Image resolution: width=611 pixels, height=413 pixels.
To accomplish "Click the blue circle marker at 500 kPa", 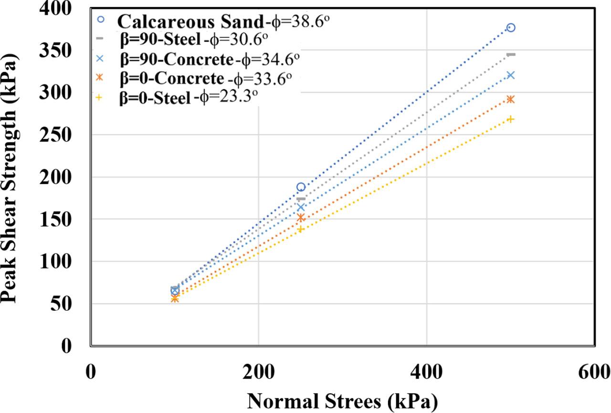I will [511, 28].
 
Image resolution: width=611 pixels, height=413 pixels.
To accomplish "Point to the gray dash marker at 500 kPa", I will [511, 54].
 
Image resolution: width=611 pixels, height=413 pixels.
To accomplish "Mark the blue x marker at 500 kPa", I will [511, 75].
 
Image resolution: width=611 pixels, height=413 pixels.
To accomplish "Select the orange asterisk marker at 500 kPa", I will [511, 99].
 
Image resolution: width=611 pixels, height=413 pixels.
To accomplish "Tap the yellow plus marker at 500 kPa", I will [511, 119].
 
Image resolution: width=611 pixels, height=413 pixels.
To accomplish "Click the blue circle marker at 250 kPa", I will [301, 187].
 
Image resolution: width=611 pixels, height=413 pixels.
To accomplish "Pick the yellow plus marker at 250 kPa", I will [301, 229].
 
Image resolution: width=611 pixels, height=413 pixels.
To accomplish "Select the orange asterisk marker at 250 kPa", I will [301, 218].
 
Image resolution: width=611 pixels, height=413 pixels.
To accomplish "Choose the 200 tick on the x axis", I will [258, 370].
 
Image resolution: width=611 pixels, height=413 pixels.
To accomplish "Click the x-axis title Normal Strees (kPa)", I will [342, 399].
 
